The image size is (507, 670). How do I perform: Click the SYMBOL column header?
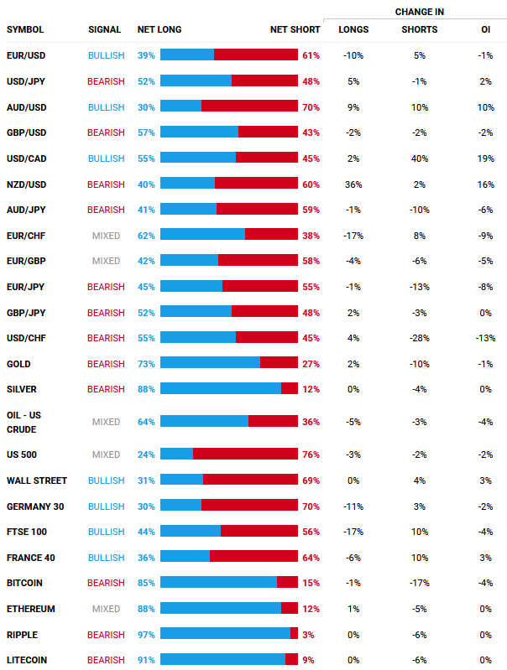pos(25,29)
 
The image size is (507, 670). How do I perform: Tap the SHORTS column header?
pos(419,29)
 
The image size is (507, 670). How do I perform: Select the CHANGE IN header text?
pos(419,12)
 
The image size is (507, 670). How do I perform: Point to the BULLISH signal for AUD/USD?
pos(106,107)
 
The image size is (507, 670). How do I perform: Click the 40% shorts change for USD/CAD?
pos(420,158)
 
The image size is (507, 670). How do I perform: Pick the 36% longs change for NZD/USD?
pos(353,184)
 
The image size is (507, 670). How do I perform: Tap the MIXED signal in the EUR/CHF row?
pos(106,236)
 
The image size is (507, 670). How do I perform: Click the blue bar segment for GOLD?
pos(210,363)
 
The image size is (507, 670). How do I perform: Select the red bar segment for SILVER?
pos(290,389)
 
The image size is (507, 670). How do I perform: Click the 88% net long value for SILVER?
pos(146,389)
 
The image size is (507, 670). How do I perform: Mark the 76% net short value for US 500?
pos(311,454)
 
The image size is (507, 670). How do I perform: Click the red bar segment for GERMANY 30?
pos(249,506)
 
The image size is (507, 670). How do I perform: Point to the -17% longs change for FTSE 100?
pos(353,532)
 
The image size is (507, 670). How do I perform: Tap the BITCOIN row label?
pos(24,583)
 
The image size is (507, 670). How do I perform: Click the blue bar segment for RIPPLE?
pos(225,635)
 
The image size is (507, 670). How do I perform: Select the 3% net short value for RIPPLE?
pos(308,635)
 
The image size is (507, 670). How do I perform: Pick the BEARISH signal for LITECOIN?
pos(106,660)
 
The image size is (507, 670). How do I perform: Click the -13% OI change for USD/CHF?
pos(485,338)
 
